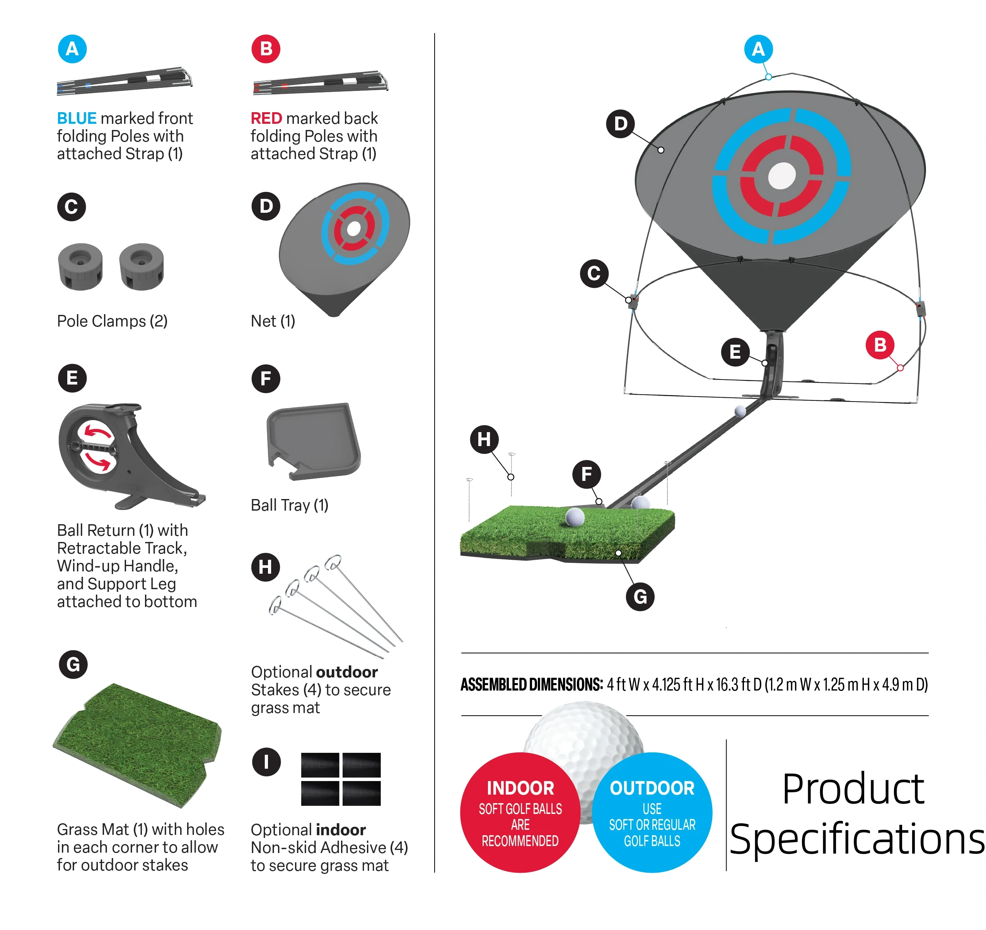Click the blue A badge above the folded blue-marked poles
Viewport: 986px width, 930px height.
tap(72, 49)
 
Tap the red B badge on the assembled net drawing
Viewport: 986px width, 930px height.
tap(880, 344)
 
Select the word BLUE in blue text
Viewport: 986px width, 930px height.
tap(77, 118)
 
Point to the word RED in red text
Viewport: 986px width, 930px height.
tap(266, 118)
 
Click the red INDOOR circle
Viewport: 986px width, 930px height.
tap(520, 813)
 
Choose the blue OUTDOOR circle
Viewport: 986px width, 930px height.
tap(652, 813)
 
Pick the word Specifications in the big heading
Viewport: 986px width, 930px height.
tap(857, 839)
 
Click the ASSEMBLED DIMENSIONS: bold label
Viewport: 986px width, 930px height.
tap(532, 685)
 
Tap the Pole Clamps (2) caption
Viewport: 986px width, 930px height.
tap(112, 321)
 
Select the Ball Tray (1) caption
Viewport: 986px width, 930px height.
tap(290, 505)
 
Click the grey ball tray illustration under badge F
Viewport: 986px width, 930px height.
tap(314, 441)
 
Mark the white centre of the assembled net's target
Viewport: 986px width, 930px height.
tap(782, 176)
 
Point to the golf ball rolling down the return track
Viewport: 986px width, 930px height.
tap(740, 411)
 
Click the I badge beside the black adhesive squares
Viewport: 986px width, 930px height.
tap(266, 762)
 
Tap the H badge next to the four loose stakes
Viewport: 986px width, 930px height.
tap(265, 567)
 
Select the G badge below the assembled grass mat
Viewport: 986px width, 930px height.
tap(640, 597)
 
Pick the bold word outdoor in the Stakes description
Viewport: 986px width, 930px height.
tap(346, 672)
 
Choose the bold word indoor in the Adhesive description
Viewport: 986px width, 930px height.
tap(341, 830)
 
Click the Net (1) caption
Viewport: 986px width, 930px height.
tap(273, 321)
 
